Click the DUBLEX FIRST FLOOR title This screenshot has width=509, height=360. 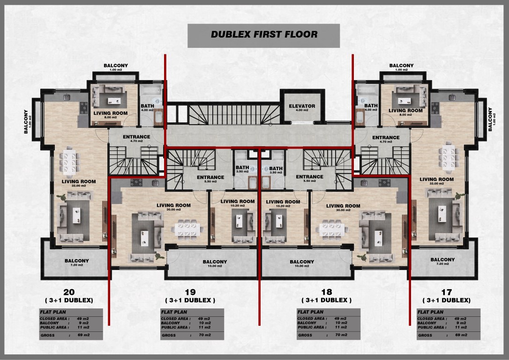(x=264, y=34)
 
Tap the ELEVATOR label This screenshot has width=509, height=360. (x=302, y=106)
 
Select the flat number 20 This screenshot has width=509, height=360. (x=69, y=292)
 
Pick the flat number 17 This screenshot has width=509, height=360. (x=446, y=292)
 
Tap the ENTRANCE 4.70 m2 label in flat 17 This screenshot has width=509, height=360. (x=386, y=139)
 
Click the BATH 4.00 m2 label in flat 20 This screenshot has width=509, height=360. (x=147, y=108)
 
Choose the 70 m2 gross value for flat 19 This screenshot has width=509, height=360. (x=205, y=335)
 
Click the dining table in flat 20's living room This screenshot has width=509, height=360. (x=69, y=160)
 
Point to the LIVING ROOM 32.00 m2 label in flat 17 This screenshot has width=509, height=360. (x=436, y=181)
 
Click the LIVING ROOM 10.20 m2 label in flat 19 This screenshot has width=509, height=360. (x=238, y=203)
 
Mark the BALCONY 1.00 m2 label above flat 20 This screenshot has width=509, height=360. (x=116, y=67)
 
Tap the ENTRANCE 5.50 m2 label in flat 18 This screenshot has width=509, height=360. (x=309, y=179)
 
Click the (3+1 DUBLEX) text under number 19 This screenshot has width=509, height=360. (x=190, y=300)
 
